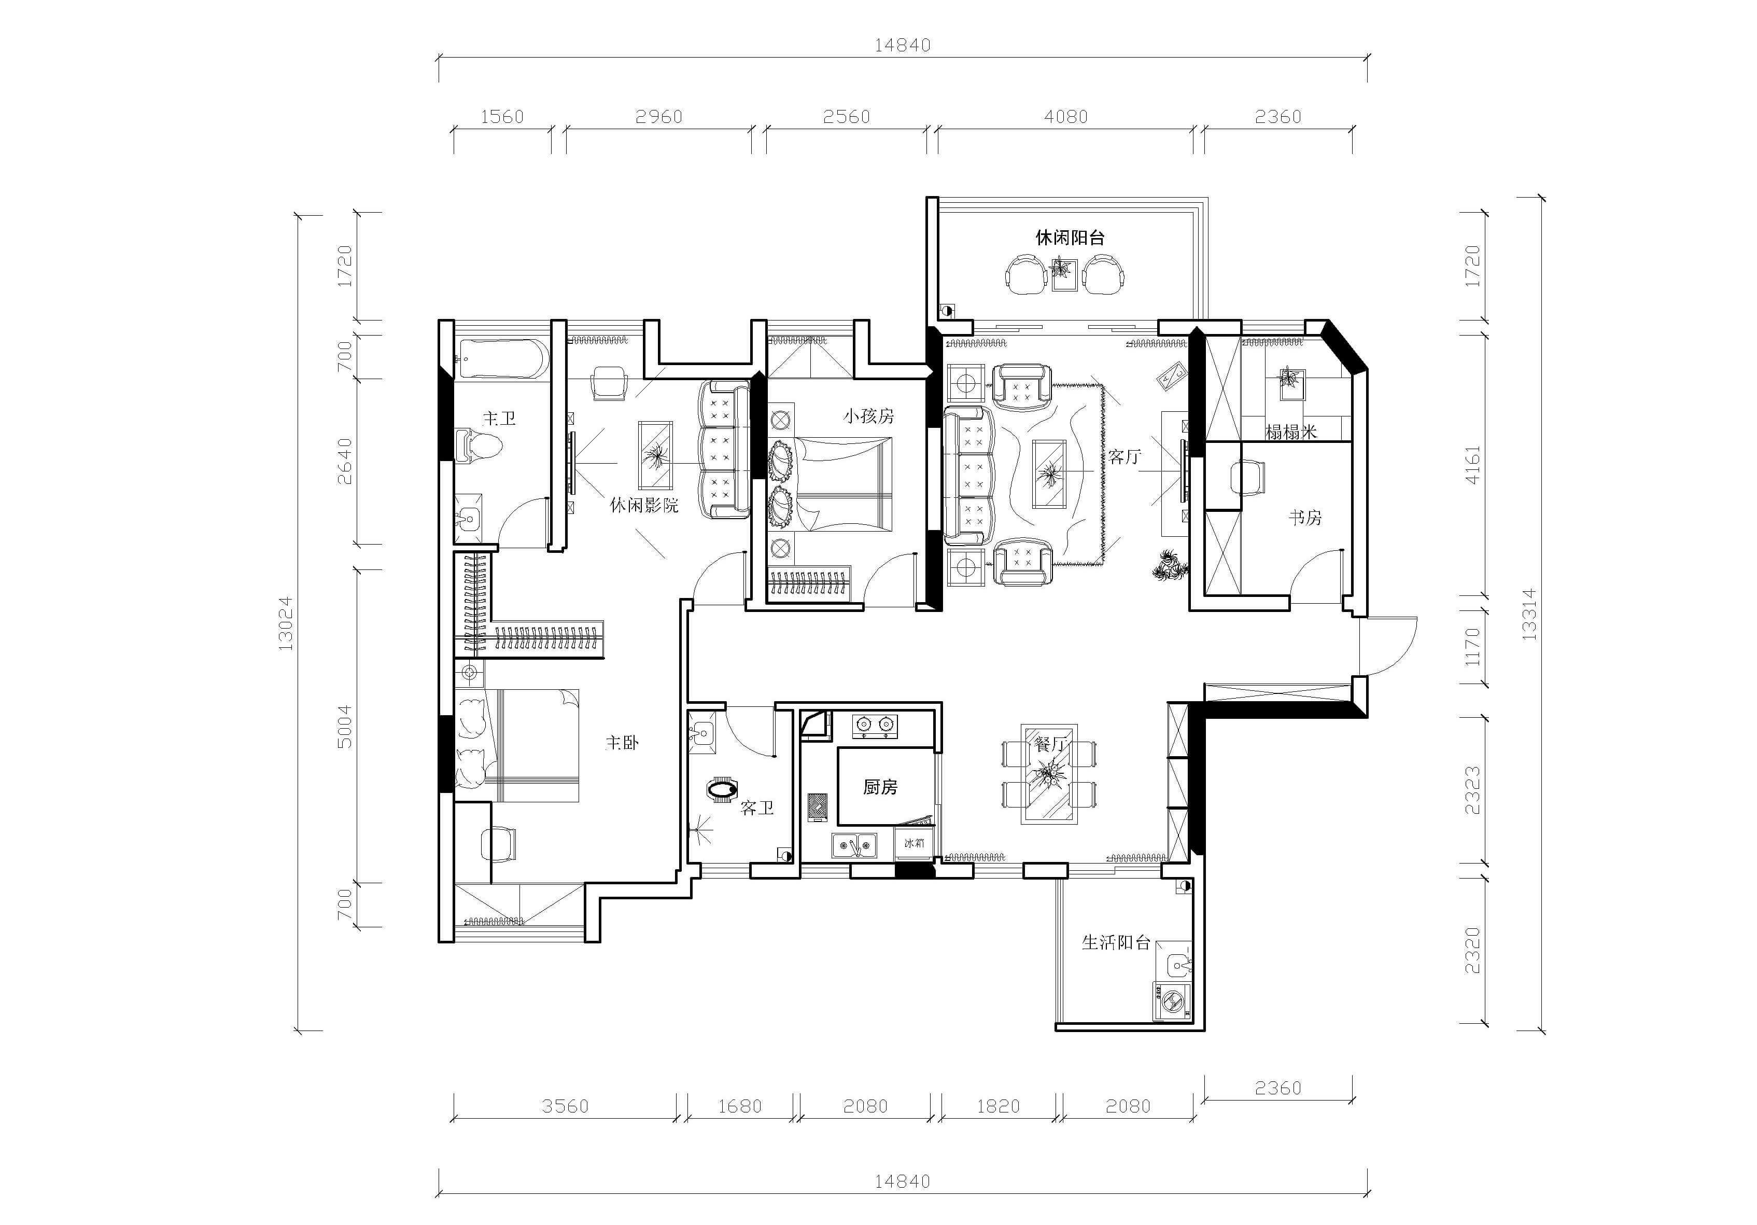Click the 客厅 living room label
coord(1124,457)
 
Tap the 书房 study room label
coord(1305,518)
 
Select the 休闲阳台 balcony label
coord(1070,238)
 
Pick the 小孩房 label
coord(868,416)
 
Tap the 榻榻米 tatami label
coord(1291,432)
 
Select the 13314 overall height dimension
coord(1529,614)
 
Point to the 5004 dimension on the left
coord(345,727)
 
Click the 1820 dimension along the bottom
coord(999,1106)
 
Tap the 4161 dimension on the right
coord(1473,465)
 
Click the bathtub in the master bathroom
coord(502,359)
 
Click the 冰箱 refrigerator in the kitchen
coord(915,842)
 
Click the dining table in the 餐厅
coord(1049,774)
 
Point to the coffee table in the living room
coord(1050,474)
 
